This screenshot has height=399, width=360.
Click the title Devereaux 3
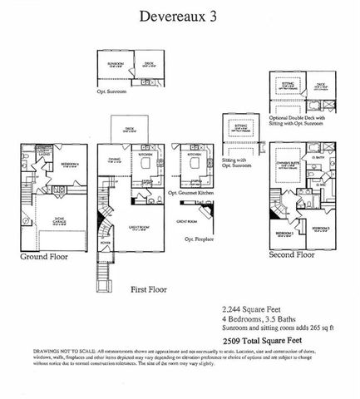tap(180, 16)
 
